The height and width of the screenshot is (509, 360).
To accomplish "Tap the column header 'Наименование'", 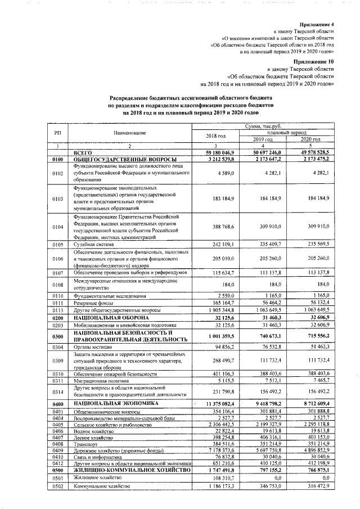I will [129, 132].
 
